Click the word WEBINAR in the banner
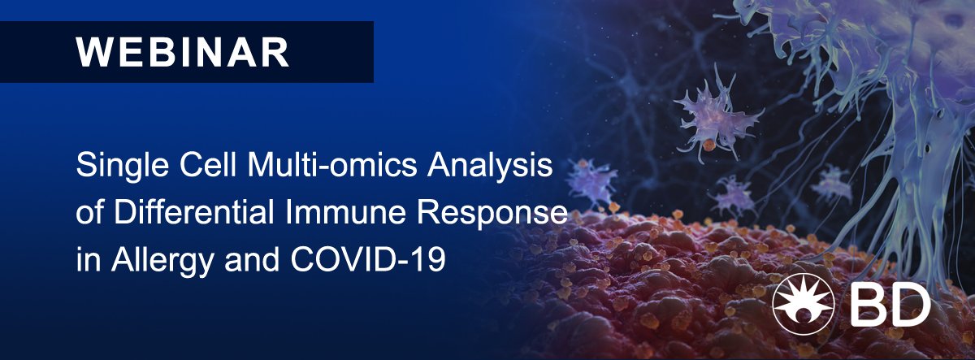pyautogui.click(x=183, y=52)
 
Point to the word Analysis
pyautogui.click(x=490, y=167)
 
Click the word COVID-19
pyautogui.click(x=368, y=258)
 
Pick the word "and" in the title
pyautogui.click(x=252, y=258)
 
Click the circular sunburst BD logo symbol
pyautogui.click(x=804, y=304)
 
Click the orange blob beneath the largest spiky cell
pyautogui.click(x=709, y=145)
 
